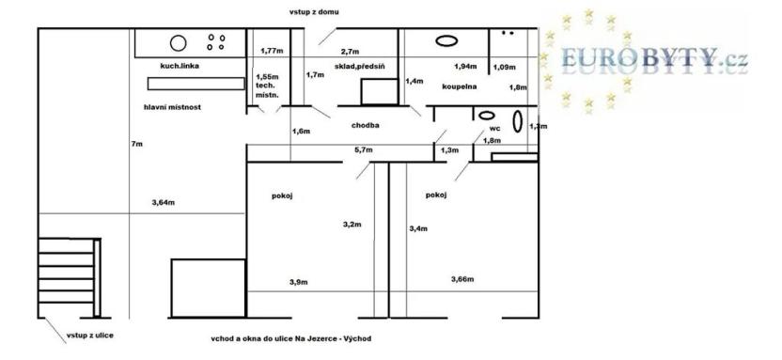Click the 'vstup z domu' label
click(x=315, y=12)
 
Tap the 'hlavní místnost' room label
click(x=173, y=107)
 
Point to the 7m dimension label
click(x=137, y=143)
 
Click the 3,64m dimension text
click(x=164, y=202)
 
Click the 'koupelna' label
click(x=460, y=86)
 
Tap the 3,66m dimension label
click(x=462, y=279)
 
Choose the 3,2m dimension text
click(x=352, y=224)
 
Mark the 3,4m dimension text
click(x=418, y=227)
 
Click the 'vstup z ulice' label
click(x=89, y=335)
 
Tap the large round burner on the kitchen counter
click(x=177, y=42)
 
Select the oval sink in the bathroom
click(x=446, y=41)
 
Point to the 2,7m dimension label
click(x=351, y=51)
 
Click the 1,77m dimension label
click(x=273, y=51)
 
